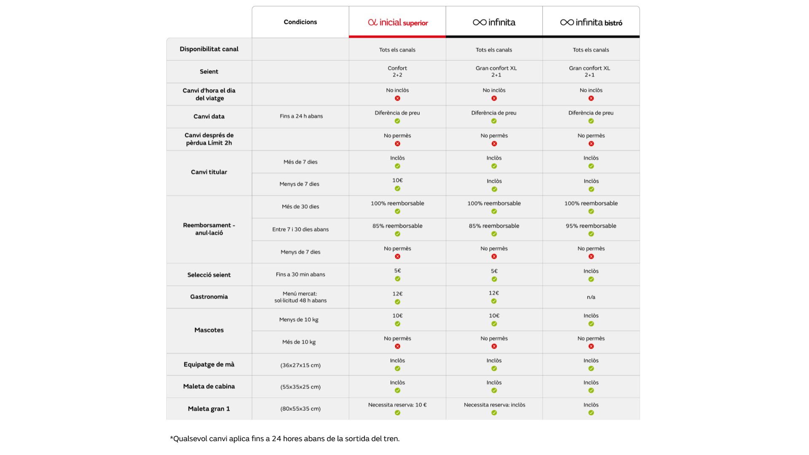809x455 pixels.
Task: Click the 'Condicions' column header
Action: click(x=300, y=22)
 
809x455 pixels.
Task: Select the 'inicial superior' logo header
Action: click(x=398, y=22)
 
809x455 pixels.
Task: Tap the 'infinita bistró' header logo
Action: click(x=591, y=22)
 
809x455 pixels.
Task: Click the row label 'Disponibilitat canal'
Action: click(x=209, y=49)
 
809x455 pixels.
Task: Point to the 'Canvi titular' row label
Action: click(x=209, y=172)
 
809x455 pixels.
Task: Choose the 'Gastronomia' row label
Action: click(x=209, y=297)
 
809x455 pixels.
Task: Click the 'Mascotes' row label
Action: click(x=209, y=330)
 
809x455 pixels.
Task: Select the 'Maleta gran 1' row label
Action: click(x=209, y=409)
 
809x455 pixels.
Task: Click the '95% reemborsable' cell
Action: click(x=591, y=226)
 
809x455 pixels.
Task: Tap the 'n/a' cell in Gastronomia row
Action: click(x=591, y=297)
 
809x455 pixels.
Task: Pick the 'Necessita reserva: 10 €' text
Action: click(x=397, y=405)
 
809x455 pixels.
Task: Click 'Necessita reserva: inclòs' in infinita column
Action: click(x=494, y=405)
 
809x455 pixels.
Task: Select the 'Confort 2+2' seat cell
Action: click(x=397, y=71)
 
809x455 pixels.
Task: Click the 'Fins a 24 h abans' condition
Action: click(x=301, y=116)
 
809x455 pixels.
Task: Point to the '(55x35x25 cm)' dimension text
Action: click(x=300, y=387)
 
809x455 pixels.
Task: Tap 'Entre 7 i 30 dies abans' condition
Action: click(x=300, y=229)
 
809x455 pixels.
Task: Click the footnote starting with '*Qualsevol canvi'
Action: click(x=284, y=439)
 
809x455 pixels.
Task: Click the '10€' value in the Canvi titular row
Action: click(x=397, y=180)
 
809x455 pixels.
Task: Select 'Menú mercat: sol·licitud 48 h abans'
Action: click(x=300, y=297)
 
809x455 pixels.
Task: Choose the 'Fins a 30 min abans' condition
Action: click(x=300, y=274)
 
